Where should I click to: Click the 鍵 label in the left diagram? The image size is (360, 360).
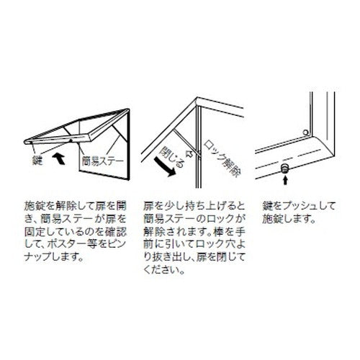click(x=37, y=160)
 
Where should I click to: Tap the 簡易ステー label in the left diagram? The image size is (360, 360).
click(x=103, y=161)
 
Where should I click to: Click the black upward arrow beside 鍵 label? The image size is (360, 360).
click(x=58, y=159)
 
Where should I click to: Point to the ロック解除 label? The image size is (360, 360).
click(x=222, y=159)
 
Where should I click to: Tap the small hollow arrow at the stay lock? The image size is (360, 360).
click(x=189, y=153)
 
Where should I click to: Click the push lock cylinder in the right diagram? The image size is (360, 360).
click(x=285, y=168)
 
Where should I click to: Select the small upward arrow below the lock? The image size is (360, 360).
click(x=285, y=180)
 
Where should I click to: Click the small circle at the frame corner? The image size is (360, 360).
click(x=305, y=132)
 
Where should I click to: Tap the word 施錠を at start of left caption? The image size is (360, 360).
click(x=39, y=206)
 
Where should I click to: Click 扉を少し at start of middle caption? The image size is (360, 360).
click(x=164, y=206)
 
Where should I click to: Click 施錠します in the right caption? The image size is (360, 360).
click(x=289, y=219)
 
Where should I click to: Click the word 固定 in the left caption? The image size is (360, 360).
click(x=34, y=232)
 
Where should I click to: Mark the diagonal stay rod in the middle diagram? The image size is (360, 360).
click(x=186, y=142)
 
